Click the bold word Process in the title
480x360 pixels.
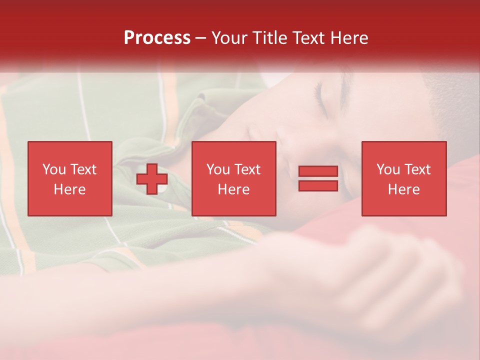[x=157, y=38]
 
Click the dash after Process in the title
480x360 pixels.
[x=200, y=38]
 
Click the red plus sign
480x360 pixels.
[x=152, y=179]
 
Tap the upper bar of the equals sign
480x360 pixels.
[x=318, y=171]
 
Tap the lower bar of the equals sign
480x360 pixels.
[x=318, y=186]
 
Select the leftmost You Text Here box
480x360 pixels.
[x=69, y=178]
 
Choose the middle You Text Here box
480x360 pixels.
[x=233, y=178]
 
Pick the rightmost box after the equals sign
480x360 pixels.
[x=403, y=178]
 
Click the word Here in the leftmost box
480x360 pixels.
[x=69, y=189]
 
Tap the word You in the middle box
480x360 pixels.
[x=218, y=169]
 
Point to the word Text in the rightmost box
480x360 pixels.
[x=417, y=169]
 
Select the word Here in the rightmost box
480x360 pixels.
[x=403, y=189]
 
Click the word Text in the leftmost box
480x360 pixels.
[x=83, y=169]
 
